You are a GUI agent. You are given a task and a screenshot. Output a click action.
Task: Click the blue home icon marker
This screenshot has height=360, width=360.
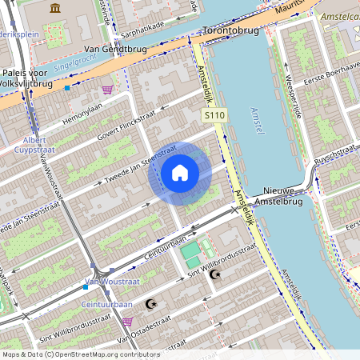tap(180, 172)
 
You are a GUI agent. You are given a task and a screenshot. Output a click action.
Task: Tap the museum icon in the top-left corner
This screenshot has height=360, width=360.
tap(55, 9)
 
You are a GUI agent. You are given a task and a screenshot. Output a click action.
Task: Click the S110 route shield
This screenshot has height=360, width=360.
tap(214, 117)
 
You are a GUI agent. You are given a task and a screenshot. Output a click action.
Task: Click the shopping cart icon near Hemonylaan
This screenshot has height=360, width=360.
tap(107, 90)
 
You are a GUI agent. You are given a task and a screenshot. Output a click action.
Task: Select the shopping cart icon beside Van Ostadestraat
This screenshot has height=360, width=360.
tap(127, 322)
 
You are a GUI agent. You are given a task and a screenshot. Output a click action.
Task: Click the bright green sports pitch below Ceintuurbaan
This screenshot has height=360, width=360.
tap(190, 256)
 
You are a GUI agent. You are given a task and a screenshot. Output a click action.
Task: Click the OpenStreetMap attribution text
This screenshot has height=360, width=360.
tap(80, 354)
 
